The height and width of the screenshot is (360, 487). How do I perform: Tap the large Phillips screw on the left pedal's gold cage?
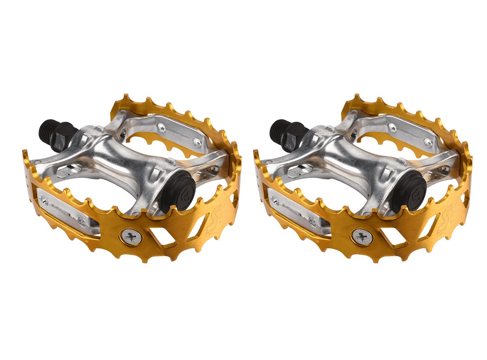point(131,237)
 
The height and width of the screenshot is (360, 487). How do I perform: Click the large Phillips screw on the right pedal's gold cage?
point(361,237)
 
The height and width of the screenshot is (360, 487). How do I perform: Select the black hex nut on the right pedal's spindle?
point(295,136)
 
